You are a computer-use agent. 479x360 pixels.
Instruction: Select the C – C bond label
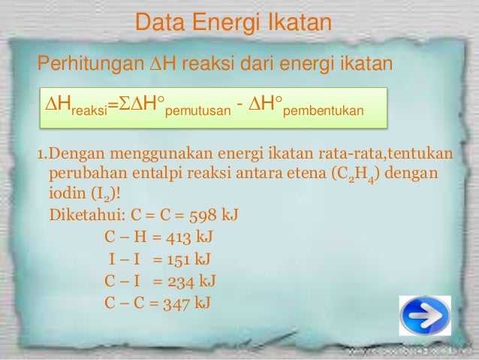coord(121,304)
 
